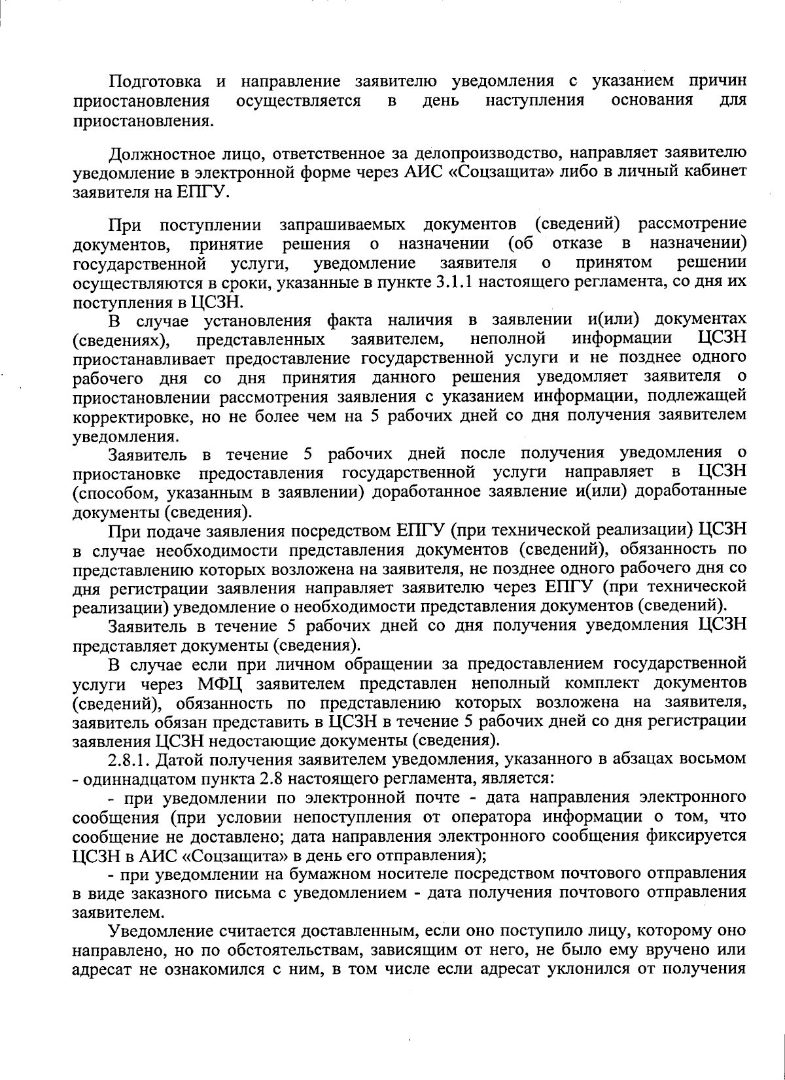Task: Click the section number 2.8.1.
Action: coord(130,760)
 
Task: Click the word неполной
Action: coord(508,339)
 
